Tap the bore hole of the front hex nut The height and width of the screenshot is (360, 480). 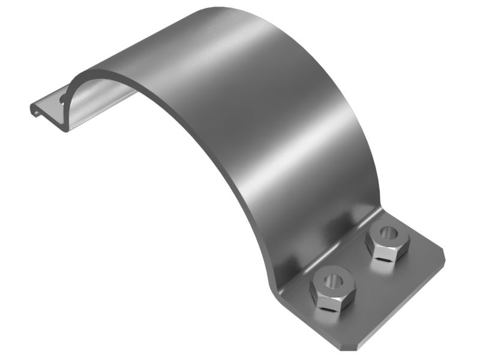(331, 280)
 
